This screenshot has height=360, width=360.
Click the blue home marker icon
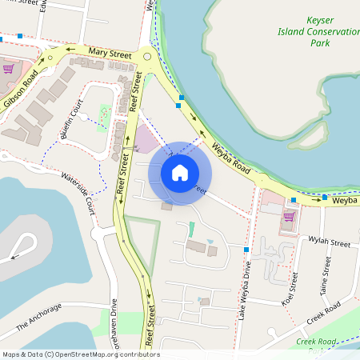tap(179, 173)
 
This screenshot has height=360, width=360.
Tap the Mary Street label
tap(110, 53)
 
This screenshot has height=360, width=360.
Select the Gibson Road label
tap(20, 90)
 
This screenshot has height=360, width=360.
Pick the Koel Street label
tap(290, 289)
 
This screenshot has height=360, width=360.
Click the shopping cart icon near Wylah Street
tap(288, 216)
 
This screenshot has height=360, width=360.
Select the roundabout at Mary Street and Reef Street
tap(146, 55)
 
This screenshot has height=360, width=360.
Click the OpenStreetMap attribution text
tap(80, 354)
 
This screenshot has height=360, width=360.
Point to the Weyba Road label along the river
tap(232, 158)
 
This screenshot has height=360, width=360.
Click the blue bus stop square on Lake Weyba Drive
tap(246, 250)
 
